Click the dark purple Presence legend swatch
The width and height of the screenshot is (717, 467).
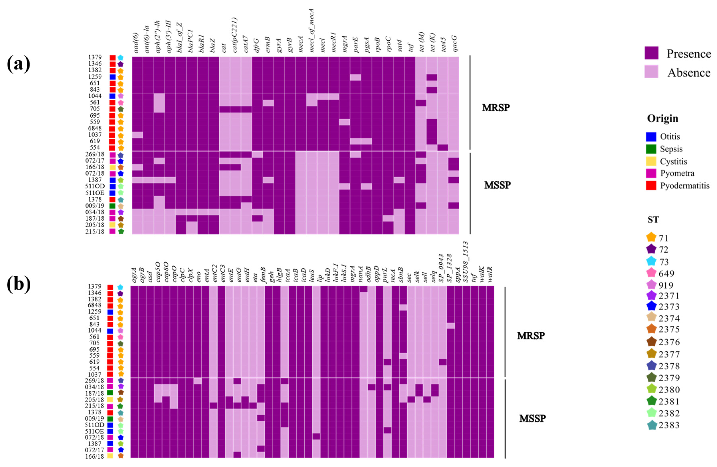651,53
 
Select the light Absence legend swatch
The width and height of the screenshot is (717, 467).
651,72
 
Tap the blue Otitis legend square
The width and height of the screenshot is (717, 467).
651,137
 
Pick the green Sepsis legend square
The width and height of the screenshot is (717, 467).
651,149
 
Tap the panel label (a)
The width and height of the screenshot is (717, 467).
19,64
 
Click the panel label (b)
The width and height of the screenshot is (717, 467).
19,284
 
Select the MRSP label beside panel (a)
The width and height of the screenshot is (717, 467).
496,108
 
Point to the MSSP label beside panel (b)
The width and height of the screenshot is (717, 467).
532,418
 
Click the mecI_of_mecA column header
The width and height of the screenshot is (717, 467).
312,30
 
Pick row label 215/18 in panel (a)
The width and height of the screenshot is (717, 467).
95,231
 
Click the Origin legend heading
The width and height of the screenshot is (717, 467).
663,118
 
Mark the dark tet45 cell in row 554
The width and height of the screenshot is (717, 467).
443,148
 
